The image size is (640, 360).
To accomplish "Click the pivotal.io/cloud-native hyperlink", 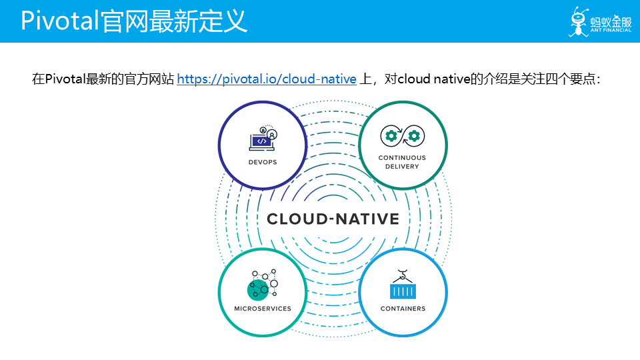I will pyautogui.click(x=267, y=79).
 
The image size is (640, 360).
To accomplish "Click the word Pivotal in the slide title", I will pyautogui.click(x=60, y=21).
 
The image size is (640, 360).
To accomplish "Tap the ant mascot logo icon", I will pyautogui.click(x=577, y=21).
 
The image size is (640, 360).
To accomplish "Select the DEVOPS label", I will pyautogui.click(x=263, y=162).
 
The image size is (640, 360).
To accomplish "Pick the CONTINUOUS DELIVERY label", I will pyautogui.click(x=402, y=162).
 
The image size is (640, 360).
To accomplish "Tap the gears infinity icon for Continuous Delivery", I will pyautogui.click(x=402, y=137).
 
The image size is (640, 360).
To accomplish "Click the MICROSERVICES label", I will pyautogui.click(x=263, y=309).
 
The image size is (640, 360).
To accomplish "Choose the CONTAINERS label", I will pyautogui.click(x=403, y=309).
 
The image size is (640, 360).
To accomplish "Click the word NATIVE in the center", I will pyautogui.click(x=367, y=219).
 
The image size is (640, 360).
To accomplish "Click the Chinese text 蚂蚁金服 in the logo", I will pyautogui.click(x=610, y=20).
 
